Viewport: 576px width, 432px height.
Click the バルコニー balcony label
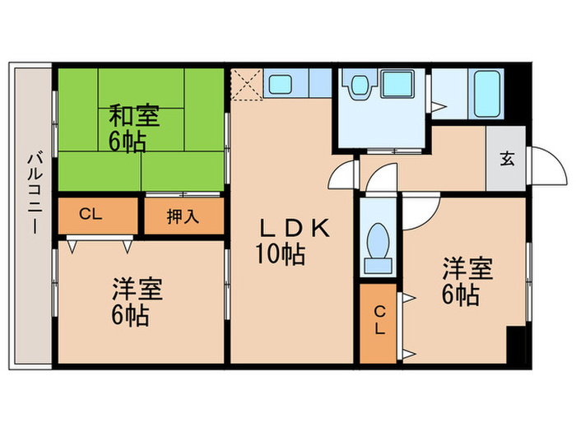pyautogui.click(x=33, y=194)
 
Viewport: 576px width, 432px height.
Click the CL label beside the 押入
pyautogui.click(x=91, y=216)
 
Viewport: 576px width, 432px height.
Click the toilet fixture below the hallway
pyautogui.click(x=379, y=246)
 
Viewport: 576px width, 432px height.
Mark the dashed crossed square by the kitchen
pyautogui.click(x=246, y=84)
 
